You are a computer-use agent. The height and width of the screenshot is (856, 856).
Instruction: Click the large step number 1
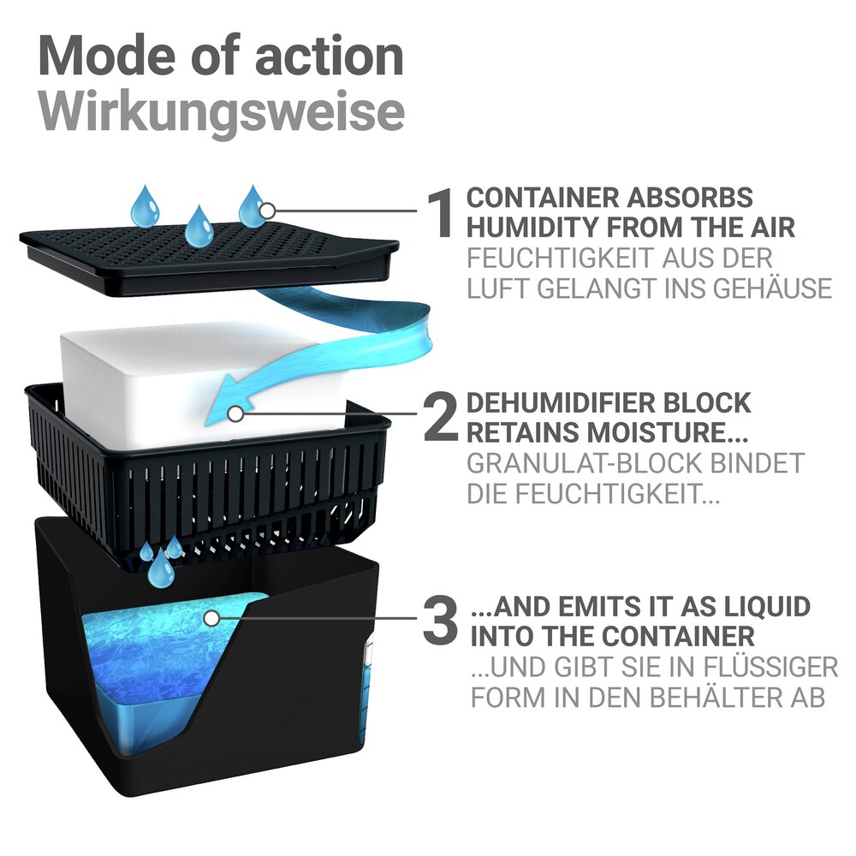441,213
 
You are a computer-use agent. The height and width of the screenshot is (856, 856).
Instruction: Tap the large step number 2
441,418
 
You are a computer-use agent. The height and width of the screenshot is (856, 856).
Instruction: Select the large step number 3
440,620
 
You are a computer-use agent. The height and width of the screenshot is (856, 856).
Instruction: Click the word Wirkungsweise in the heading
222,113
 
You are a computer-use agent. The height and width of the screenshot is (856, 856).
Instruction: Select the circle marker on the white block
235,413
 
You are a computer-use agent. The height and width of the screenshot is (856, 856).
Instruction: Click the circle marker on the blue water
211,619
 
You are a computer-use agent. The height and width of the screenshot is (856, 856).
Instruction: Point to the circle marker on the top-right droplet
267,211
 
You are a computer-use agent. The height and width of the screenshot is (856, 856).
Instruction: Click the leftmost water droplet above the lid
146,205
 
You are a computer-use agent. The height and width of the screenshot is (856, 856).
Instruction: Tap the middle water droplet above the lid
199,224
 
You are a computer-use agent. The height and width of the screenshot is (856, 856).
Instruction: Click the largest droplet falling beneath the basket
162,570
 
